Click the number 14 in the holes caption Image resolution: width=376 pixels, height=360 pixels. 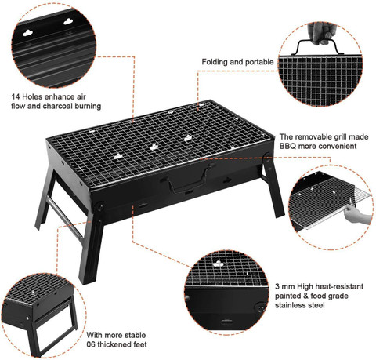point(16,96)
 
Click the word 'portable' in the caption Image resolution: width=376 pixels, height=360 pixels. point(259,62)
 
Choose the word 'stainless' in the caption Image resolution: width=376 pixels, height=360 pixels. point(291,305)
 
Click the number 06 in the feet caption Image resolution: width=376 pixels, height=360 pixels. point(91,344)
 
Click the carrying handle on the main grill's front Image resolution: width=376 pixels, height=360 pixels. point(191,180)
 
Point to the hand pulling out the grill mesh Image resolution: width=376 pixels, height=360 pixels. point(356,215)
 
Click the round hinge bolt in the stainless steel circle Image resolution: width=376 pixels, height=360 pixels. point(260,307)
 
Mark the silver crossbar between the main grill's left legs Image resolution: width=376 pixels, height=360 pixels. point(65,219)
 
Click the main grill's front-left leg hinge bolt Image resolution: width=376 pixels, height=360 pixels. point(100,207)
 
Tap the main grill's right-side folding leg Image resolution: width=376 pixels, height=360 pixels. point(273,185)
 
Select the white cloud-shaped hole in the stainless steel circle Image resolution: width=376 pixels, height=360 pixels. point(218,264)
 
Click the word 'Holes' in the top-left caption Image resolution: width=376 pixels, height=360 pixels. point(32,96)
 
